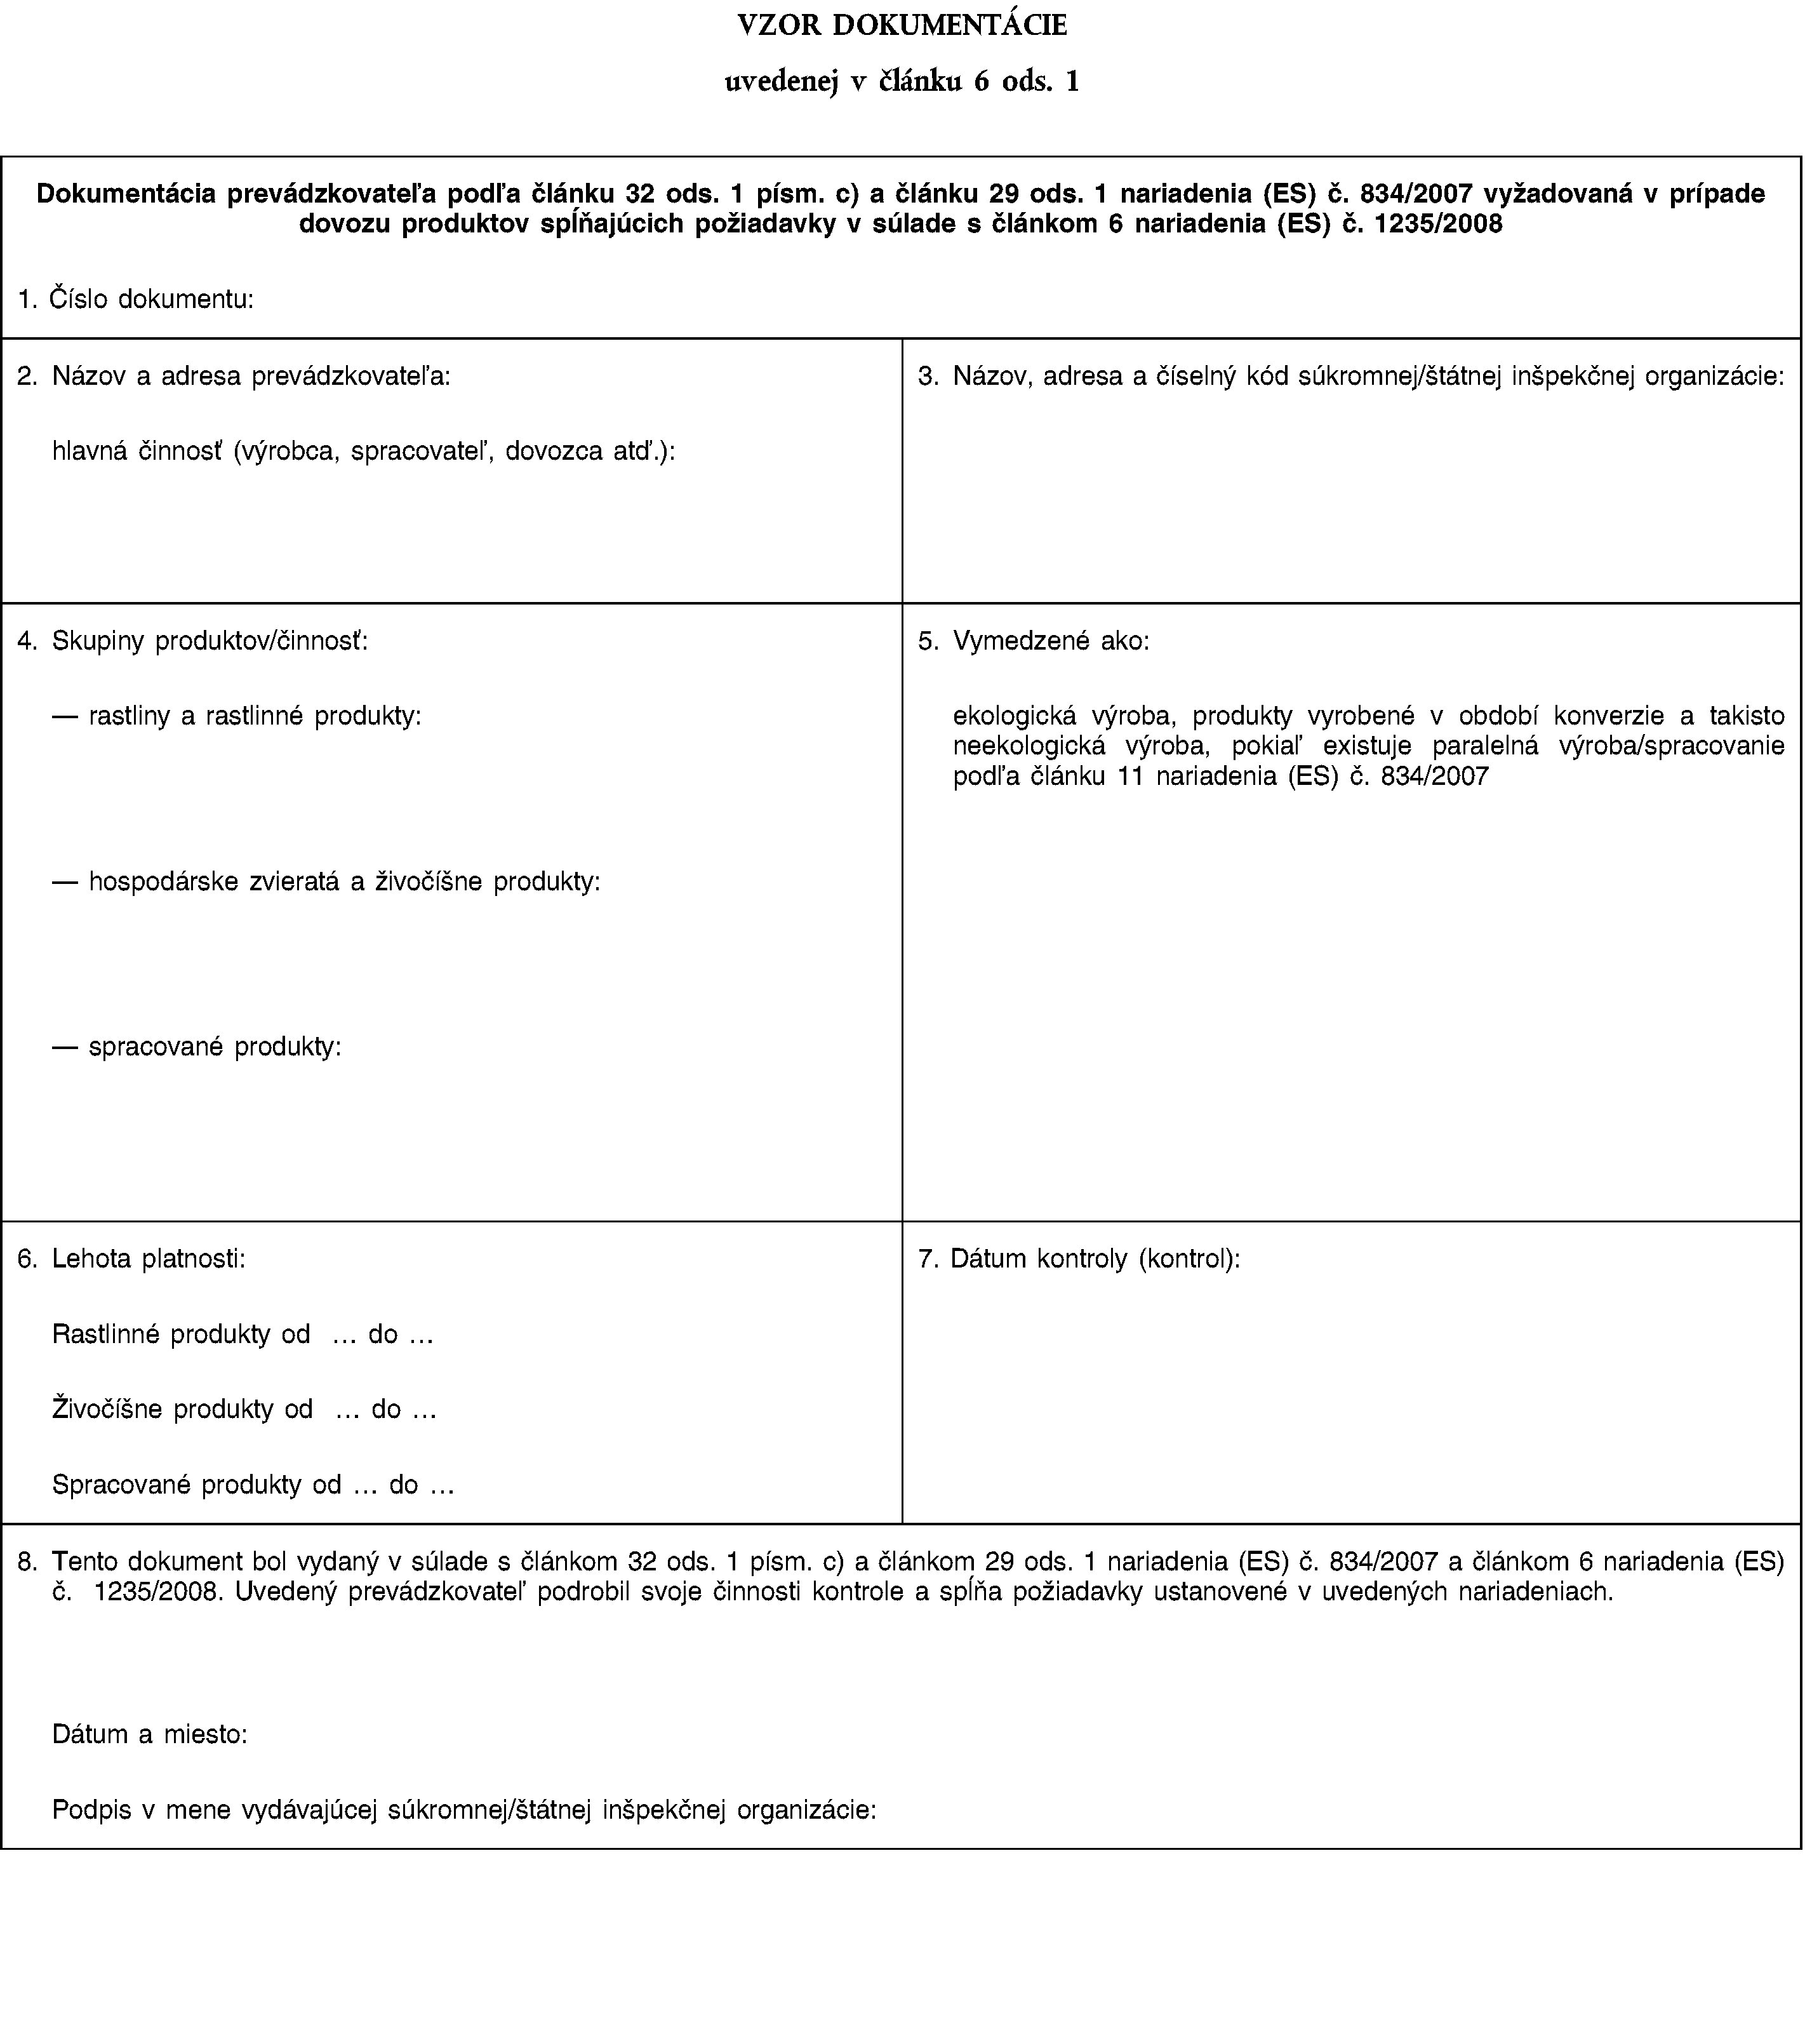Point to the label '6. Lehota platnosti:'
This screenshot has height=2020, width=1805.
[132, 1259]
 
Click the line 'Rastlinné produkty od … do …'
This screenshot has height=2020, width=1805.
[243, 1334]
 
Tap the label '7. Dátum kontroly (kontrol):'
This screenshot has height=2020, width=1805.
[1079, 1259]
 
